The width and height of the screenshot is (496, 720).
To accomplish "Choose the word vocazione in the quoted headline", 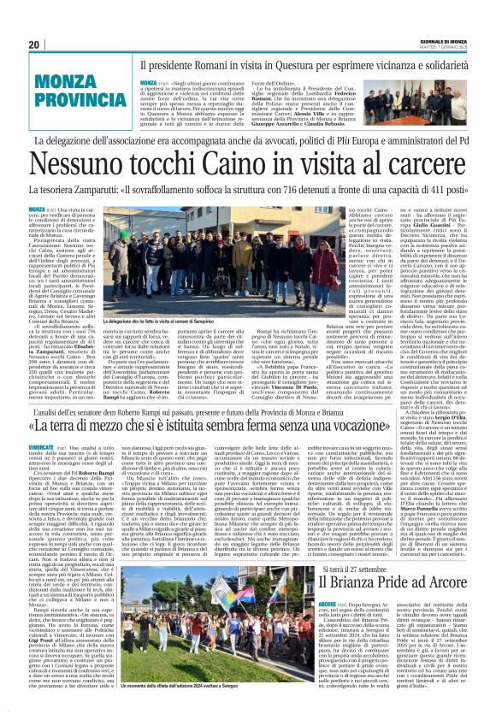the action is click(423, 451).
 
